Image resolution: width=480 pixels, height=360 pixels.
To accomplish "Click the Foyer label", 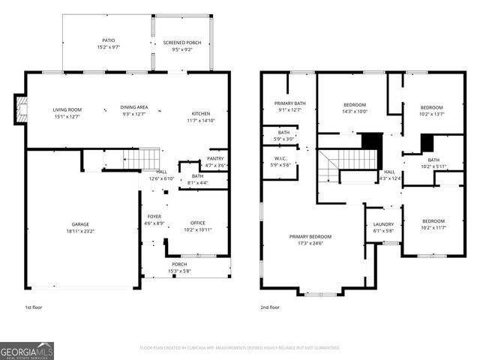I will coord(154,220).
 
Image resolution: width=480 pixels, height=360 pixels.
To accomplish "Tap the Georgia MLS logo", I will coord(27,349).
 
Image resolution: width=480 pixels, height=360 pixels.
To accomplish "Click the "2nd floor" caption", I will coord(270,307).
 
